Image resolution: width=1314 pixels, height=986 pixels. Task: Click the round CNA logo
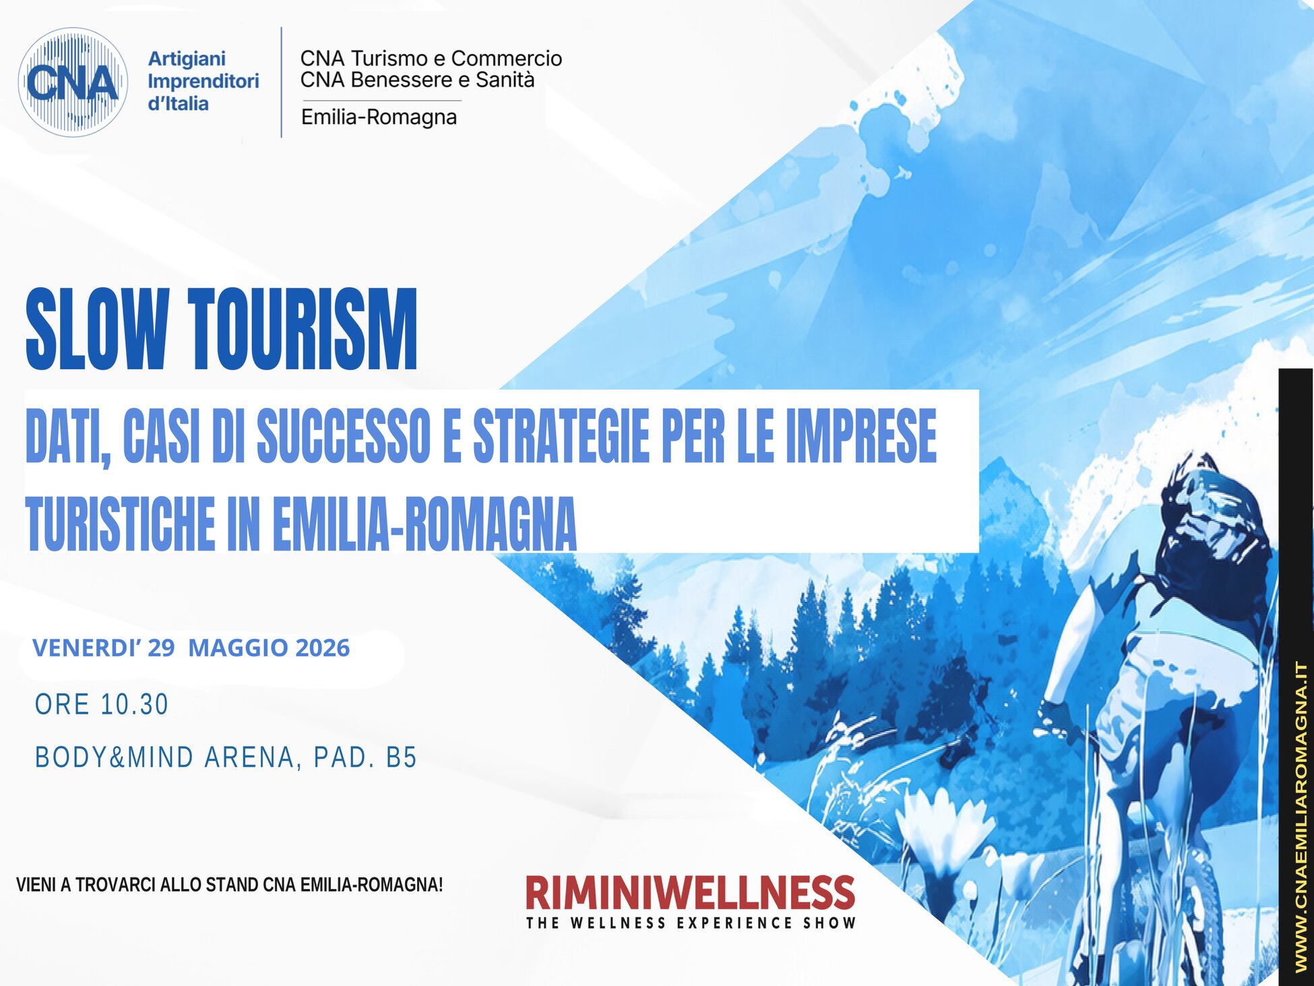[73, 82]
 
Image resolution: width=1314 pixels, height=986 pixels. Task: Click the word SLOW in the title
[96, 329]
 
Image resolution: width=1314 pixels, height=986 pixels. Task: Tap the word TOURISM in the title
[303, 329]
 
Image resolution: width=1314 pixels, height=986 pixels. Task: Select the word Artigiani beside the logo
[187, 59]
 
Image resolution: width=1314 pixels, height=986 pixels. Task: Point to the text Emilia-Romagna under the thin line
[379, 117]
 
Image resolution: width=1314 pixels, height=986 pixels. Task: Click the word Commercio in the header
[506, 59]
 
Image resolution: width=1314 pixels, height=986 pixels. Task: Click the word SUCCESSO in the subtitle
[344, 436]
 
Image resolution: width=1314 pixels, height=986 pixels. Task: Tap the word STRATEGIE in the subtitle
[561, 436]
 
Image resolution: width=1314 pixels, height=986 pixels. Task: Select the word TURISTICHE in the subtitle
[120, 524]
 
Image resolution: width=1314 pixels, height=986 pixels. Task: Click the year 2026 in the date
[322, 648]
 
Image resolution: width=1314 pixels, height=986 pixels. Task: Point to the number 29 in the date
[161, 648]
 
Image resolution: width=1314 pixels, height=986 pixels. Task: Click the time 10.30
[134, 704]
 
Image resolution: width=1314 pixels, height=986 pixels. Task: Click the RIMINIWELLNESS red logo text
[690, 892]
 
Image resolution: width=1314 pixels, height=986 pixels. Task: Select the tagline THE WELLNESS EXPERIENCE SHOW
[691, 923]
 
